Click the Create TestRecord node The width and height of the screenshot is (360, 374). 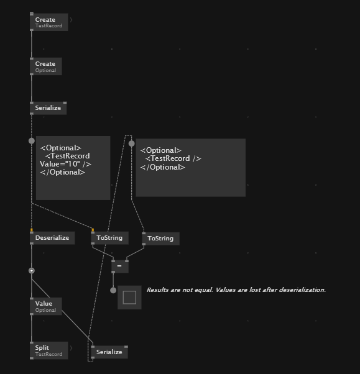click(x=49, y=22)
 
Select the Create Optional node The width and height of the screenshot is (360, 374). click(x=46, y=66)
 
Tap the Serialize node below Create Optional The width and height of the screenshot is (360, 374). click(x=48, y=108)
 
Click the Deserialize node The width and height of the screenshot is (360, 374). click(x=52, y=238)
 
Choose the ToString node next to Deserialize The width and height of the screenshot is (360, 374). click(x=110, y=238)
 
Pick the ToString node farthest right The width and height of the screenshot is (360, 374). click(x=161, y=239)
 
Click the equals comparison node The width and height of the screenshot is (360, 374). click(x=120, y=267)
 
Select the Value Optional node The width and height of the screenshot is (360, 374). click(x=46, y=306)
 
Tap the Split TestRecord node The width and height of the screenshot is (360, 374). click(x=49, y=350)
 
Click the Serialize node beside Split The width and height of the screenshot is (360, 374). click(x=109, y=352)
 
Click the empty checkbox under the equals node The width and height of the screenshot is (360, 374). click(x=129, y=298)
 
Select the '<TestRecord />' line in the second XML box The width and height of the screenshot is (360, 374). click(x=173, y=158)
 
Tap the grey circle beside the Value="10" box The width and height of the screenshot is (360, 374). click(x=32, y=141)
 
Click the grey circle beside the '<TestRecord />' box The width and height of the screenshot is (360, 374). click(x=132, y=144)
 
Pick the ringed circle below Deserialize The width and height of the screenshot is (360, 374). click(x=32, y=271)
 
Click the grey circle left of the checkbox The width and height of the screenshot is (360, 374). click(x=113, y=290)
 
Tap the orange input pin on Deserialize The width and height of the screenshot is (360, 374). click(x=32, y=230)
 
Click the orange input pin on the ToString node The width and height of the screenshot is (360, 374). click(x=93, y=230)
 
